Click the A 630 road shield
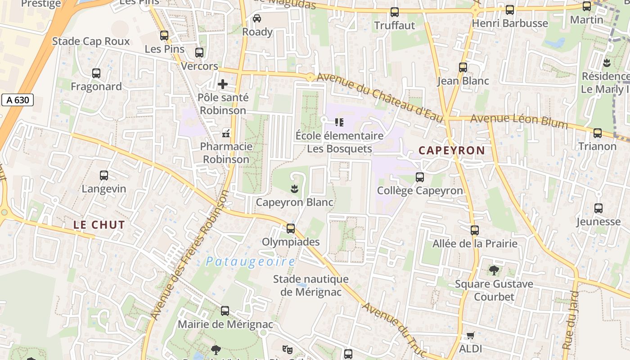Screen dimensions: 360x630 click(x=18, y=100)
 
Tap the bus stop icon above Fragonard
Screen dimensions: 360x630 click(x=96, y=73)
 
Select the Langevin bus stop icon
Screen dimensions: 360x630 click(x=104, y=175)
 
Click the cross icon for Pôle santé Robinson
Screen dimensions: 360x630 click(x=223, y=84)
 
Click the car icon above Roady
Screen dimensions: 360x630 click(x=257, y=18)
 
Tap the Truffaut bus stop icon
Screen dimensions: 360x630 click(x=395, y=12)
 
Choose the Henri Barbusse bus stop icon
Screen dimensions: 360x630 click(x=510, y=10)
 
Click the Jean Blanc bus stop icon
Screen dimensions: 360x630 click(x=463, y=67)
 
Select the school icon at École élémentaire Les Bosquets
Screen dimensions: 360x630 click(x=339, y=122)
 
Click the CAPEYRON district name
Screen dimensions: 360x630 click(x=452, y=151)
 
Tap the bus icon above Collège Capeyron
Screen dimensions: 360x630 click(x=420, y=177)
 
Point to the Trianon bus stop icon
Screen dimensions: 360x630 click(x=598, y=133)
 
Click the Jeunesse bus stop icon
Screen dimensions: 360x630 click(x=598, y=208)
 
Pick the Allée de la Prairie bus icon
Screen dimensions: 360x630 click(x=475, y=230)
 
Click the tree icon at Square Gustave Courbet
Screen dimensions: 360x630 click(x=494, y=270)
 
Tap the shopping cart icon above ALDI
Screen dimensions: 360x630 click(x=471, y=335)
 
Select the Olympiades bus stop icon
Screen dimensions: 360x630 click(x=291, y=229)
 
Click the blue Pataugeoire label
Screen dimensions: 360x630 click(x=251, y=262)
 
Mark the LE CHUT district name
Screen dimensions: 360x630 click(x=99, y=225)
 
